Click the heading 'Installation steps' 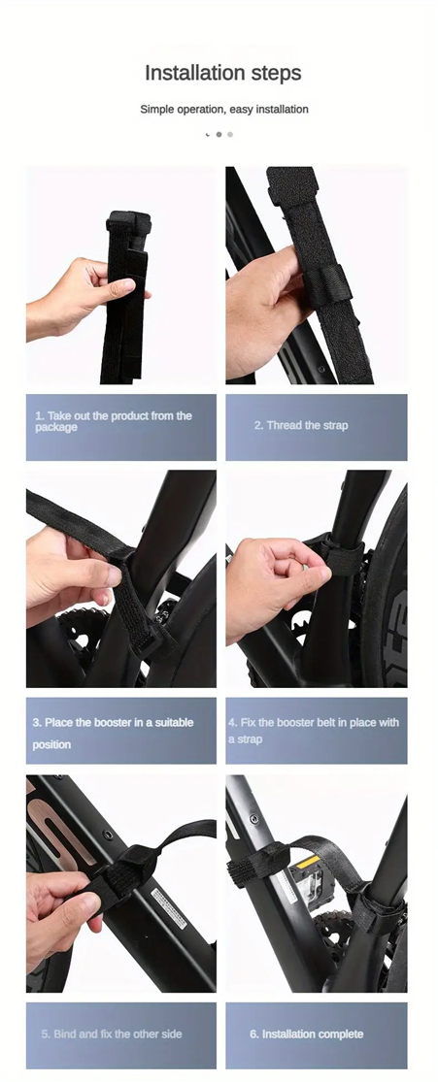coord(223,73)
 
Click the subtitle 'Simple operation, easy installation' coord(223,110)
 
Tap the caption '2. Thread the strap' coord(301,425)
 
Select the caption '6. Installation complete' coord(306,1033)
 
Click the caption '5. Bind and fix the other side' coord(112,1033)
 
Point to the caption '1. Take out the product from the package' coord(114,421)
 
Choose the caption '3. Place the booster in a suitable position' coord(114,733)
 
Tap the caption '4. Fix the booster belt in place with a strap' coord(314,731)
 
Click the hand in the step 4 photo coord(267,582)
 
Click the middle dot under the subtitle coord(219,134)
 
